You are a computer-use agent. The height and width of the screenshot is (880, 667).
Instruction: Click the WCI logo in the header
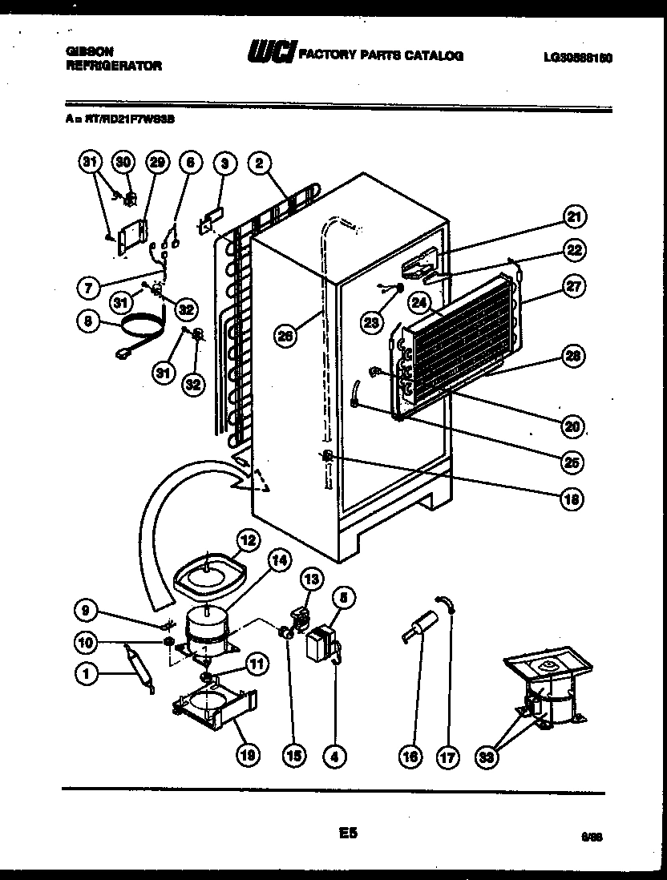point(270,54)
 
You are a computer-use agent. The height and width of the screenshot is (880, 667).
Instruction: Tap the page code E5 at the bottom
point(346,834)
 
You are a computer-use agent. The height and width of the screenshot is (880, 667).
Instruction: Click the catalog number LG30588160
point(577,57)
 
